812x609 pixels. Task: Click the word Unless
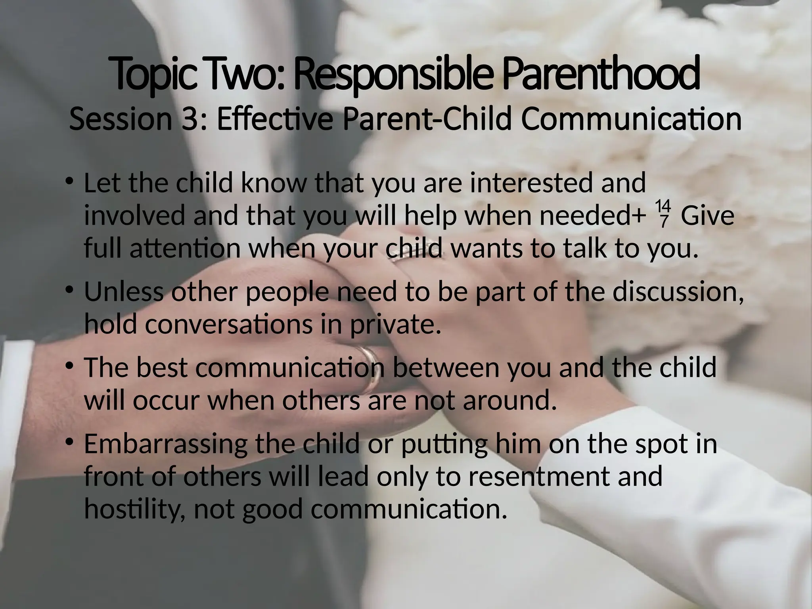[123, 291]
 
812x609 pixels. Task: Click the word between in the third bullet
[447, 368]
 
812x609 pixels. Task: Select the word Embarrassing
[165, 444]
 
